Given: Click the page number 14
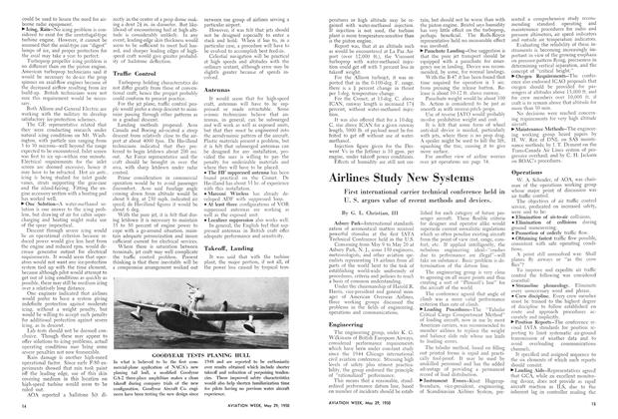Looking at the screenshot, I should coord(15,409).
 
